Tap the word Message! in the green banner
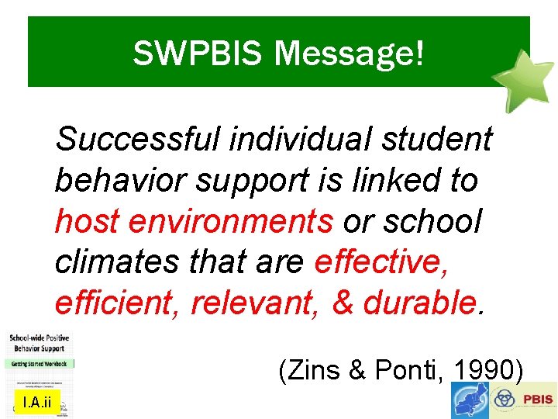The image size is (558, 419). (350, 54)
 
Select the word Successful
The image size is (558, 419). (139, 140)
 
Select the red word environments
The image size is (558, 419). (231, 222)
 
